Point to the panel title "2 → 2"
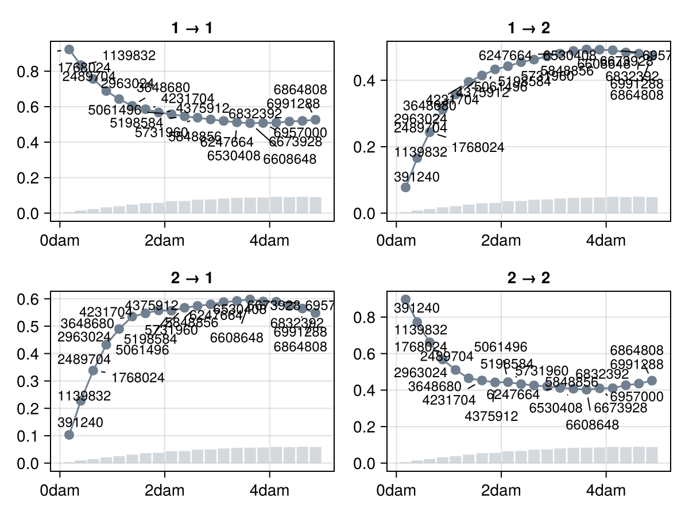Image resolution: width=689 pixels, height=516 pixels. pyautogui.click(x=528, y=278)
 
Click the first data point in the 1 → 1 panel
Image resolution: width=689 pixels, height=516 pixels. pyautogui.click(x=69, y=50)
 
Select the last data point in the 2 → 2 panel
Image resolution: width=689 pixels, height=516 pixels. pyautogui.click(x=652, y=381)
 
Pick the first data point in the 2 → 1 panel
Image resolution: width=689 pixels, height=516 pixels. pyautogui.click(x=69, y=435)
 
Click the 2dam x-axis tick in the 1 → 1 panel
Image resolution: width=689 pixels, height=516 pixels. pyautogui.click(x=165, y=240)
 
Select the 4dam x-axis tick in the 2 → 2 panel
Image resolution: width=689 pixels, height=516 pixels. pyautogui.click(x=606, y=491)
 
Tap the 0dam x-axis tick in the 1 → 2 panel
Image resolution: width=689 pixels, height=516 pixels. pyautogui.click(x=396, y=240)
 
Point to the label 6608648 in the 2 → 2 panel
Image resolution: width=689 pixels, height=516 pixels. pyautogui.click(x=592, y=425)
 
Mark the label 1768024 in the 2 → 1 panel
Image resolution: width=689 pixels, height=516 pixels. pyautogui.click(x=138, y=378)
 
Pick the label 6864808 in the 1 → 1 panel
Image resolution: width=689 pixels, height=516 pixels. pyautogui.click(x=300, y=90)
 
